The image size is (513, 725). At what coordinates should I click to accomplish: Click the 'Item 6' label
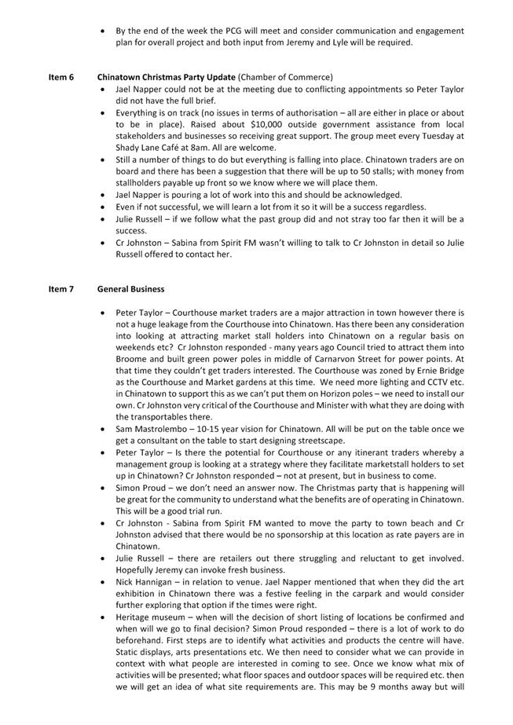61,77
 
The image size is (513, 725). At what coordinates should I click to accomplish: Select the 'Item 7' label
61,289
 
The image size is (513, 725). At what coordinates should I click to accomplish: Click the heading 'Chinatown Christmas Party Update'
166,77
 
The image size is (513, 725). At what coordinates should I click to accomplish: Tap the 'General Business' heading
130,289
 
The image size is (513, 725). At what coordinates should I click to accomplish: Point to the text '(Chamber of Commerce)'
285,77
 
